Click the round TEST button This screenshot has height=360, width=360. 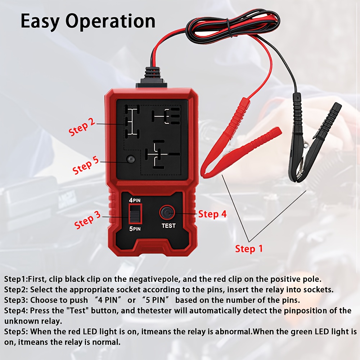[167, 213]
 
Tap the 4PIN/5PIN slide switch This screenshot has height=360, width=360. [135, 214]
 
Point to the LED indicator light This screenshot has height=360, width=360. [131, 159]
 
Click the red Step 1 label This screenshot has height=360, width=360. [249, 249]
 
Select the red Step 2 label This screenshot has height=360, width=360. [82, 127]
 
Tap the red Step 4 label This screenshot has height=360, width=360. [212, 214]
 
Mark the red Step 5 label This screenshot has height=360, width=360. [85, 165]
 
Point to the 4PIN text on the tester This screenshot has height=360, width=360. [135, 200]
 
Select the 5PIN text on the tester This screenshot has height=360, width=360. [135, 229]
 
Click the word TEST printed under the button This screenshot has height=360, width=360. [168, 226]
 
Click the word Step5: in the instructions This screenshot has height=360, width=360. [16, 332]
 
